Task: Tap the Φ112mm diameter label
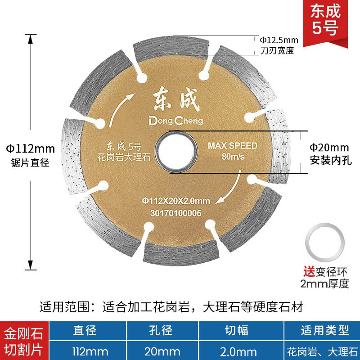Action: pyautogui.click(x=30, y=148)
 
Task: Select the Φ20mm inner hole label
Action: pyautogui.click(x=329, y=147)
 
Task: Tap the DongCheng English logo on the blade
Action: pyautogui.click(x=175, y=121)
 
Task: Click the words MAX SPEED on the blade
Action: pyautogui.click(x=233, y=146)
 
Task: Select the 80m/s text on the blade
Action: pyautogui.click(x=233, y=157)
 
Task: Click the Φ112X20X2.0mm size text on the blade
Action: pyautogui.click(x=176, y=200)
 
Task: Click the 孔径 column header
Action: pyautogui.click(x=161, y=331)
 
